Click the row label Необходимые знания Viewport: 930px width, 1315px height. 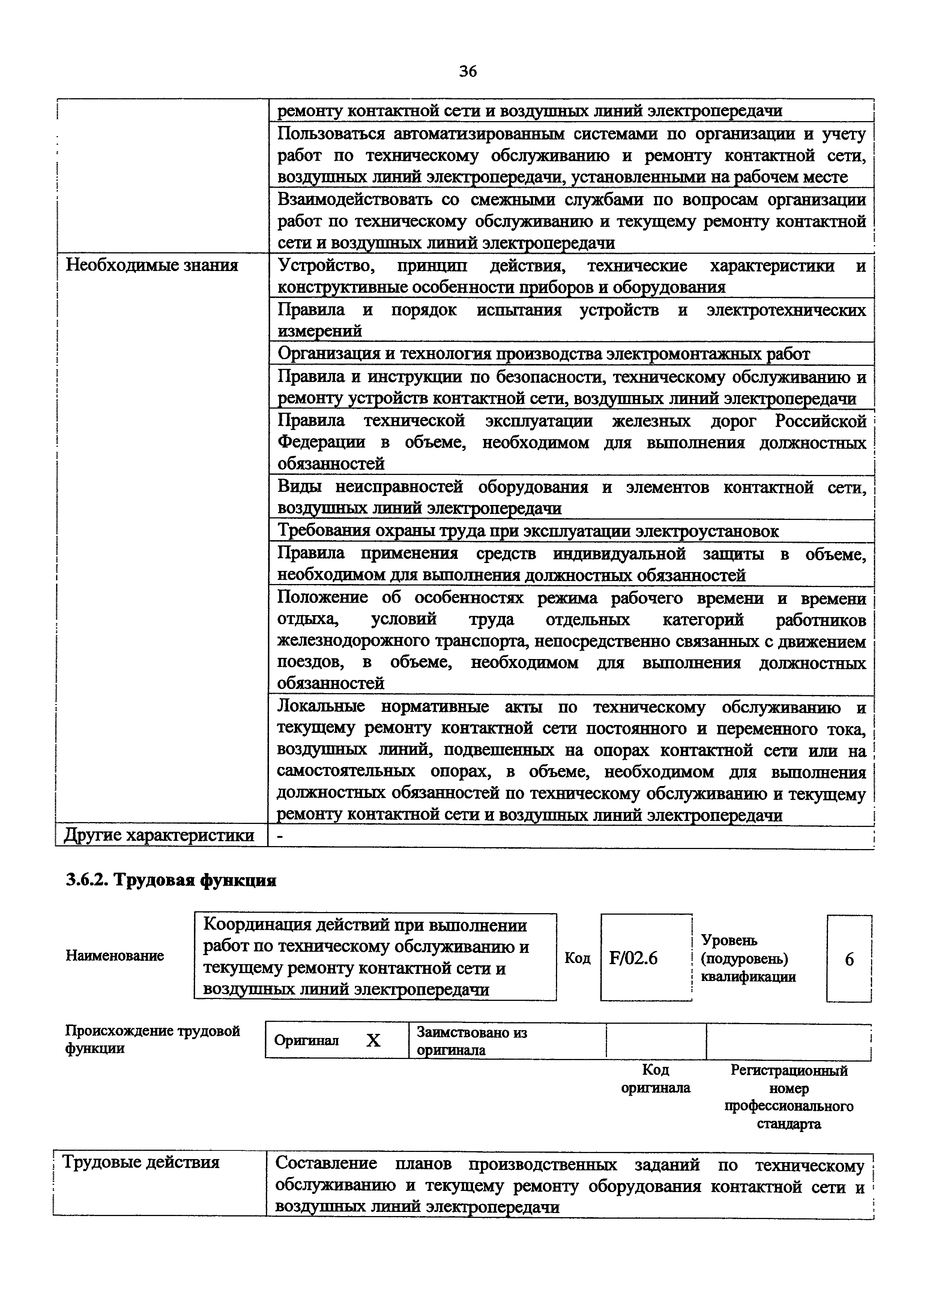click(x=152, y=265)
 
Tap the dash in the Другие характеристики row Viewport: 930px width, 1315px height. click(x=280, y=836)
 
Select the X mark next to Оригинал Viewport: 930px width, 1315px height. click(x=373, y=1041)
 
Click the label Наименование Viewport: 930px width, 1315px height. click(x=114, y=955)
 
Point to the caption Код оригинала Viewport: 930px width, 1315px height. click(x=655, y=1079)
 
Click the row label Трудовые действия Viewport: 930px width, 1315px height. click(x=141, y=1162)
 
